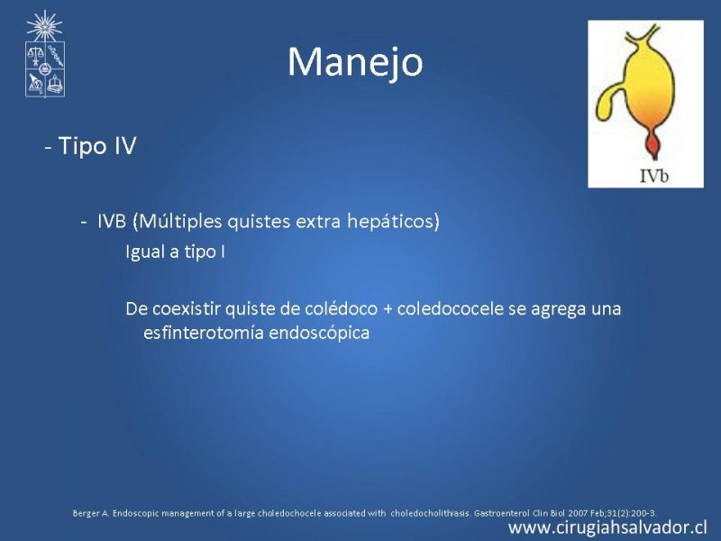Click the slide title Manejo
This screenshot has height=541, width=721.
355,62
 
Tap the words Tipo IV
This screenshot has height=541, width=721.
97,146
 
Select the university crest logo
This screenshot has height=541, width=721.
44,54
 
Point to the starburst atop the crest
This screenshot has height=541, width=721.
44,26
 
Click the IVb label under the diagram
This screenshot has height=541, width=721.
654,176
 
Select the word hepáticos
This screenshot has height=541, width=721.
390,221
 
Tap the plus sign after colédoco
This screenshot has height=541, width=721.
388,309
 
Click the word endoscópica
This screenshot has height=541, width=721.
319,333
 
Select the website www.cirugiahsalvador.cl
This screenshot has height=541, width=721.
607,527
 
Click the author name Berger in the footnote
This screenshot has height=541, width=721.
86,513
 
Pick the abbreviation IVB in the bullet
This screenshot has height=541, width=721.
111,222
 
